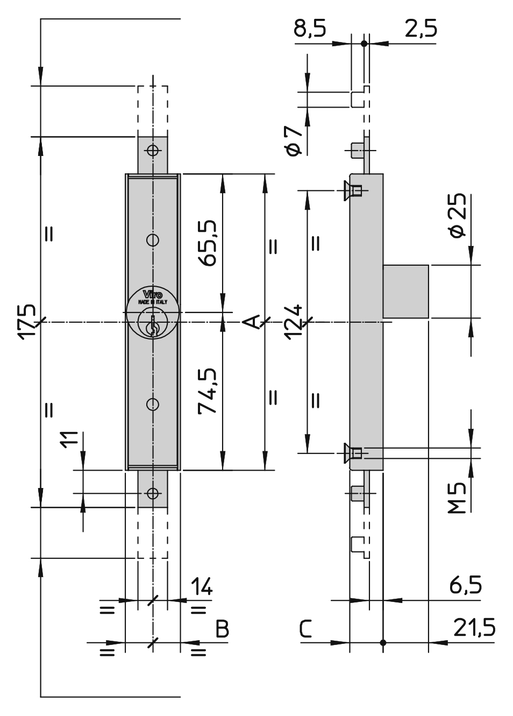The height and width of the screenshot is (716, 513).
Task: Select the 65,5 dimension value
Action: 208,243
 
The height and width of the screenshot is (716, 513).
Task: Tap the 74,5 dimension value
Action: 208,391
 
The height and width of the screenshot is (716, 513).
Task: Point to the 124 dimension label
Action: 293,322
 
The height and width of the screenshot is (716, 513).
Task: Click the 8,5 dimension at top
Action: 310,28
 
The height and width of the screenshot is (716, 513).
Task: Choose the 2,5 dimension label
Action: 421,28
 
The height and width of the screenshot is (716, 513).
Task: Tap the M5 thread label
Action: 457,498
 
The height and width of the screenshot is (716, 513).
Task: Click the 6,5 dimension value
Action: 465,586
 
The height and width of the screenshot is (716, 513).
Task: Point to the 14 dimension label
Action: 202,586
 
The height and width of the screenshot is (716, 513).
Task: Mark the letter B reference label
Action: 222,628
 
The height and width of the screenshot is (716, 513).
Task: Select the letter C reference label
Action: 305,628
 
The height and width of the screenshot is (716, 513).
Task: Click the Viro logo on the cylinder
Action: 152,294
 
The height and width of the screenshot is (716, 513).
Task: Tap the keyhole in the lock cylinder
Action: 153,325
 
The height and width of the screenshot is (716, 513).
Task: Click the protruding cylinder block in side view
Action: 405,291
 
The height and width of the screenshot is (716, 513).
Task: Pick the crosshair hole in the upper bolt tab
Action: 153,150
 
